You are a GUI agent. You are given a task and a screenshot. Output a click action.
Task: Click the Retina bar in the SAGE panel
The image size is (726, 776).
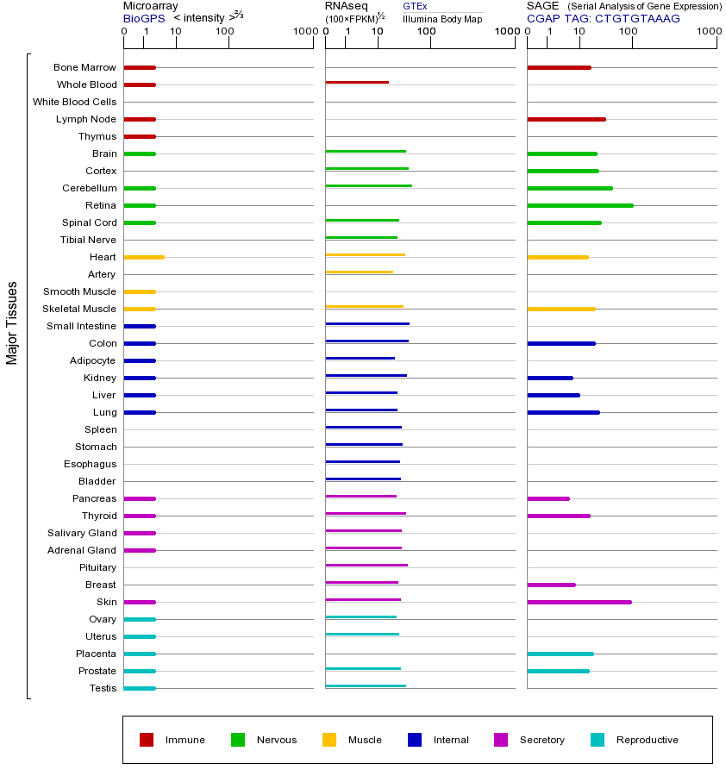click(579, 205)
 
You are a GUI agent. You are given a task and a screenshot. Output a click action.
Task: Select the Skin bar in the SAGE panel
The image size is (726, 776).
click(579, 602)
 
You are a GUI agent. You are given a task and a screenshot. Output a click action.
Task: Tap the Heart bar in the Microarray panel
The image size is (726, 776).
click(144, 257)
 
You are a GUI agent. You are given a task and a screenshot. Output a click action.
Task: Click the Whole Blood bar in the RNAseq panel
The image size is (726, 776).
click(357, 82)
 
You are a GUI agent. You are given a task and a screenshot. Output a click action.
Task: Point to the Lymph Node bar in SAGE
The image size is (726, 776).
click(566, 119)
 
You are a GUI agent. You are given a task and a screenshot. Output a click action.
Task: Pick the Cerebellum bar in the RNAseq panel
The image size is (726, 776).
click(368, 185)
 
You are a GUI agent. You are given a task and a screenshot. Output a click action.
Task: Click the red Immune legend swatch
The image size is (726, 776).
click(147, 740)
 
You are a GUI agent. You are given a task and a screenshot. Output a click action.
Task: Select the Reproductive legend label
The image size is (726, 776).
click(647, 740)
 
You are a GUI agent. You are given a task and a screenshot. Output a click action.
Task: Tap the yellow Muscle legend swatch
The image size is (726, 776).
click(329, 740)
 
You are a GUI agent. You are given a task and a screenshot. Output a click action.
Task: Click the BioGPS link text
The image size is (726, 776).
click(144, 18)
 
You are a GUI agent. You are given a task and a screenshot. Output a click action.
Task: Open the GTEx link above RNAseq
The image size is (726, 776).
click(415, 6)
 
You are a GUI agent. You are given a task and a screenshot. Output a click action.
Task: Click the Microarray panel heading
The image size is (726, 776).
click(150, 6)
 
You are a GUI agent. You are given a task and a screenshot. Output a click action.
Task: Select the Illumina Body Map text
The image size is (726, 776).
click(442, 19)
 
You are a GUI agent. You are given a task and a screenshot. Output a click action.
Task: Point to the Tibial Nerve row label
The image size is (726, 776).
click(88, 240)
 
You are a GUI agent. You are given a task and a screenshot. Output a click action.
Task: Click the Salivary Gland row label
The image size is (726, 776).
click(82, 533)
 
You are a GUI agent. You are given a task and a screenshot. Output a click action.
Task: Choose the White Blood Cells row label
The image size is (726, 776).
click(74, 102)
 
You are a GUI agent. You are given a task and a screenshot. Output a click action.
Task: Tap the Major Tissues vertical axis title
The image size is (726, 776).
click(12, 322)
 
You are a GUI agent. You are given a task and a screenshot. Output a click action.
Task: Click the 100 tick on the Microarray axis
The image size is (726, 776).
click(225, 32)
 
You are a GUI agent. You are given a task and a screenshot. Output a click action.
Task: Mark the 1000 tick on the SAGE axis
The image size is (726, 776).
click(708, 32)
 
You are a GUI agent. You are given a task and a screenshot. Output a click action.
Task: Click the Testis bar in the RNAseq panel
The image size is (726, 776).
click(366, 685)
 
